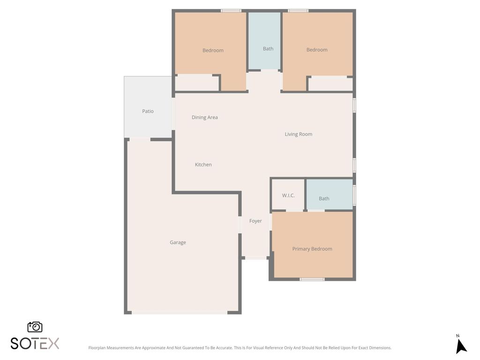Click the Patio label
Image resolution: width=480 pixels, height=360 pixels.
(148, 111)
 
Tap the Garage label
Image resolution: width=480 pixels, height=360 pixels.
(178, 242)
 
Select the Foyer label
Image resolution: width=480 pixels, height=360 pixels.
(255, 221)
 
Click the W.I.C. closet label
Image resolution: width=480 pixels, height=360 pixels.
(288, 195)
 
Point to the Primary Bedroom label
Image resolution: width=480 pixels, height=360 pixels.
(312, 249)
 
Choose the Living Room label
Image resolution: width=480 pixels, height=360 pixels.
(298, 134)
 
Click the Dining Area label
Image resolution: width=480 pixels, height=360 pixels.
(205, 117)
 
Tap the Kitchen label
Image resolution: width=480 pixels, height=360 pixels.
(203, 165)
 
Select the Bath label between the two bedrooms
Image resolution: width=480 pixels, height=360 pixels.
(268, 49)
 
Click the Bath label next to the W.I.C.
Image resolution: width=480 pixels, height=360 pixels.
(324, 198)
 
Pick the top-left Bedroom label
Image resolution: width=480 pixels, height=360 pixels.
(213, 50)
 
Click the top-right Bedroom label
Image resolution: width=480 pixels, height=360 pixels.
(317, 50)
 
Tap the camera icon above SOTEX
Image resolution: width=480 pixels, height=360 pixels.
(35, 327)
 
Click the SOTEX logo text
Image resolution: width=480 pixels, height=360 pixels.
(35, 343)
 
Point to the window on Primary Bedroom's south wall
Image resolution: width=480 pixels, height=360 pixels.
(312, 279)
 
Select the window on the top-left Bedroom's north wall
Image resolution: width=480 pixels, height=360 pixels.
(231, 11)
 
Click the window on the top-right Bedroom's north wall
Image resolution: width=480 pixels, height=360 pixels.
(298, 11)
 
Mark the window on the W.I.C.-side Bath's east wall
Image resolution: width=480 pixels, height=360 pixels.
(354, 195)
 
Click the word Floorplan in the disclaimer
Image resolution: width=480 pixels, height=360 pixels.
(97, 348)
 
